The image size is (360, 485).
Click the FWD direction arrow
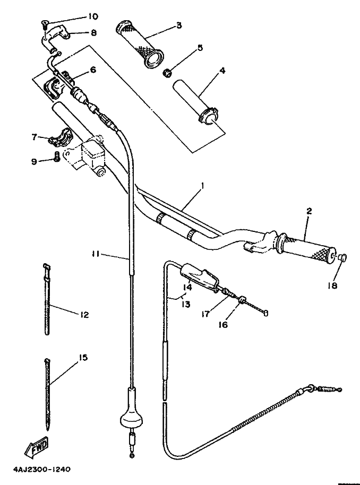click(x=37, y=447)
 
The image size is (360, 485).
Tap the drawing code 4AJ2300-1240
click(x=42, y=469)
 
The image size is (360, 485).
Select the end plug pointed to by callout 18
click(x=342, y=257)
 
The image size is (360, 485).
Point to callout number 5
click(x=200, y=48)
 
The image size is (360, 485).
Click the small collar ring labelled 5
click(x=167, y=73)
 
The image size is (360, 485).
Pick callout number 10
click(x=92, y=16)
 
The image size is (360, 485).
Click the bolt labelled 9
click(x=57, y=157)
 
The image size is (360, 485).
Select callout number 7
click(x=35, y=137)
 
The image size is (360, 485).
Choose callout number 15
click(x=83, y=358)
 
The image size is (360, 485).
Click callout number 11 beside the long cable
click(x=95, y=254)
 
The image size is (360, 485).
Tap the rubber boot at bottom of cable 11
click(x=132, y=408)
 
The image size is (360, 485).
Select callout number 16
click(x=223, y=324)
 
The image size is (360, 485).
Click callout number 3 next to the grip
click(x=179, y=25)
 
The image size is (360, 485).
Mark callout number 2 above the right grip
click(x=308, y=211)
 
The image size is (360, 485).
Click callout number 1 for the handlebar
click(x=202, y=186)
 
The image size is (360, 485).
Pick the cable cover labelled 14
click(x=199, y=276)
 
